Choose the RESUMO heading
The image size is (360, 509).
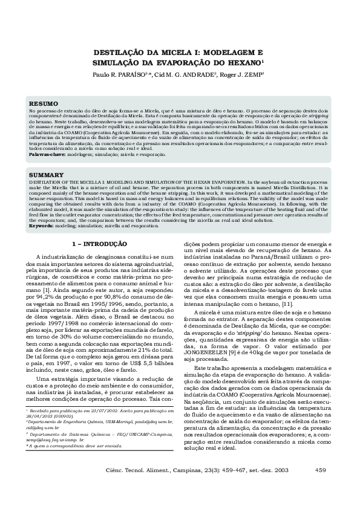click(44, 103)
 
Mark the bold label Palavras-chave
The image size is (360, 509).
click(48, 154)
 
